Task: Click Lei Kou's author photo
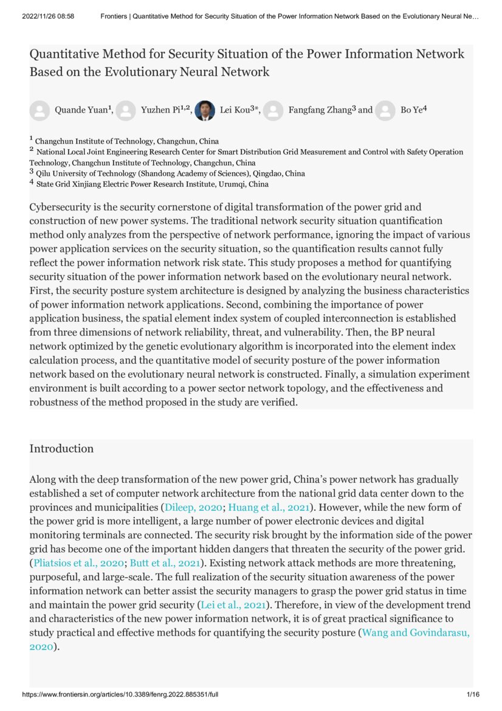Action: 205,110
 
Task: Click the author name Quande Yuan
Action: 81,110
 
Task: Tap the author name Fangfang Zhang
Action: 319,110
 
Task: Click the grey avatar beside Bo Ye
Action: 385,110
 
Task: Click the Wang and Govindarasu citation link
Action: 416,633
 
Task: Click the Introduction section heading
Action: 61,449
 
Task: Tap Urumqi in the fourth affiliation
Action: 232,184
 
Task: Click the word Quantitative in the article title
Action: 65,54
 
